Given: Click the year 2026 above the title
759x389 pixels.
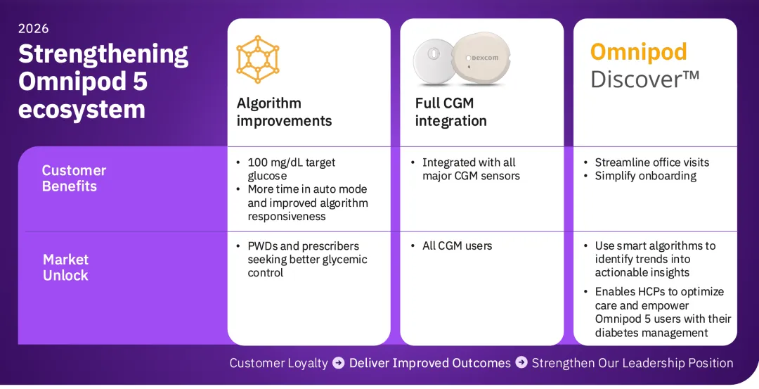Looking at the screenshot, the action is pos(34,29).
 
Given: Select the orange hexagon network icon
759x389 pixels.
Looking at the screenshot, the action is pos(257,59).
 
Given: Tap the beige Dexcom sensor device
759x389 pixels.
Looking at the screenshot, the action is pos(481,60).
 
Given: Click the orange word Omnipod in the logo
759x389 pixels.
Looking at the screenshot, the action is pos(639,51).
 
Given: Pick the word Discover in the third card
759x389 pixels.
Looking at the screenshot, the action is pos(638,79).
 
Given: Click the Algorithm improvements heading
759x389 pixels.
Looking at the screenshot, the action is pos(284,111).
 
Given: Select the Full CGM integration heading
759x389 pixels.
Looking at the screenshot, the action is pos(450,111).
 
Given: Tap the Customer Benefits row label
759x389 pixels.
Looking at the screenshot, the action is pos(74,178).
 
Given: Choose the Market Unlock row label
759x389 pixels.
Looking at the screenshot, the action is pos(66,267).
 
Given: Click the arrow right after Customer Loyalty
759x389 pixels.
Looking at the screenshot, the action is pos(339,362).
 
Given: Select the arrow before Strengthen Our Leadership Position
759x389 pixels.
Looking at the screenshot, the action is pos(521,362).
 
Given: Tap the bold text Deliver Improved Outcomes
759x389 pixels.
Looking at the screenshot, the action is pos(430,363).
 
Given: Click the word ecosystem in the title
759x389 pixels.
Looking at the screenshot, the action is pos(82,109).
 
